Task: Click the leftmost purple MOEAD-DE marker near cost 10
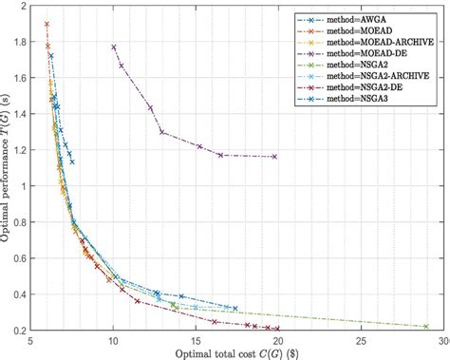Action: tap(114, 47)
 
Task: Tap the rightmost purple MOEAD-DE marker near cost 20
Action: tap(275, 157)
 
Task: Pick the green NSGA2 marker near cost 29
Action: tap(425, 326)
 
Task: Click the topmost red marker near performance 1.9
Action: tap(47, 24)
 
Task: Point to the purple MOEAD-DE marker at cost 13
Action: tap(162, 132)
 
